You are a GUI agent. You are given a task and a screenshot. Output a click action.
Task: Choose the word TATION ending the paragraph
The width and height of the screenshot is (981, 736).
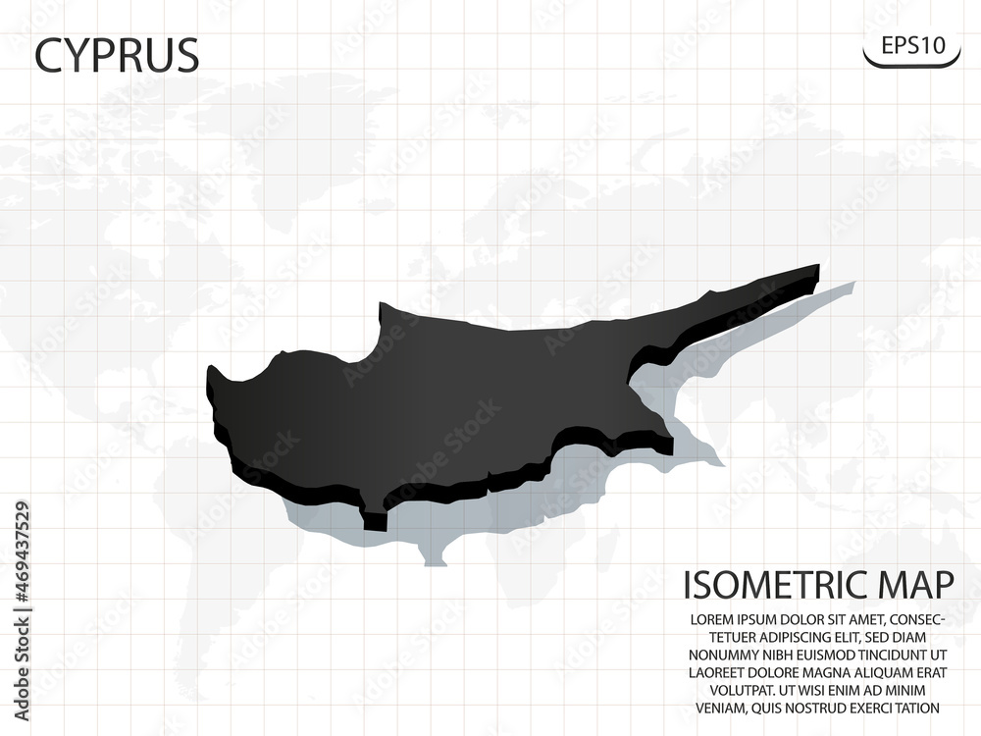[914, 708]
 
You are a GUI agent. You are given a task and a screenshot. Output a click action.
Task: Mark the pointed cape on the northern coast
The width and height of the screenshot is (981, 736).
[383, 308]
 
